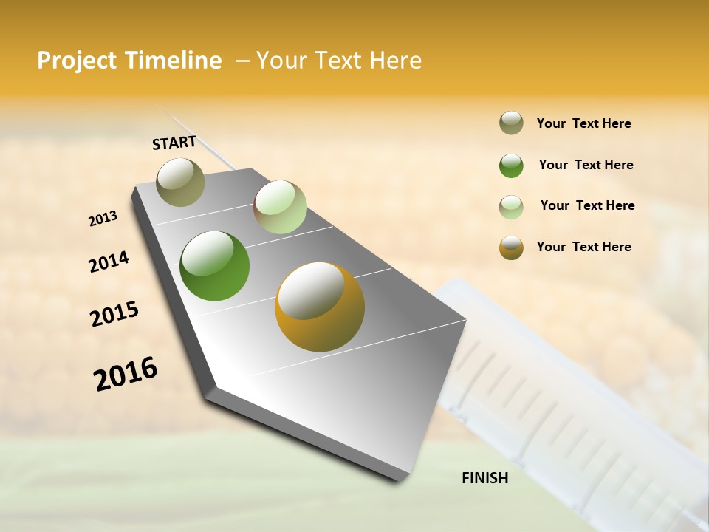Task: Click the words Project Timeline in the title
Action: (129, 61)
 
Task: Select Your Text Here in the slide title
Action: (339, 61)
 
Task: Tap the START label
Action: (174, 143)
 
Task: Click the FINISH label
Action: (485, 478)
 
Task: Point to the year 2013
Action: (103, 219)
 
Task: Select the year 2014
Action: (109, 262)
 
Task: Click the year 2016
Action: (126, 374)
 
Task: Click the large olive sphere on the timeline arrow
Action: (181, 182)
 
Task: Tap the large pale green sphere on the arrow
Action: (280, 207)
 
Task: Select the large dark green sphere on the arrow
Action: (215, 266)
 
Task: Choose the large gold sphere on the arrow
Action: (320, 307)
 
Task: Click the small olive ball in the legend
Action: (511, 123)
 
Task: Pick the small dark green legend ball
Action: (511, 166)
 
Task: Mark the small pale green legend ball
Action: (511, 207)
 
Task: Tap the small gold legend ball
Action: (511, 248)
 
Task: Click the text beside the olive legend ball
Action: (583, 124)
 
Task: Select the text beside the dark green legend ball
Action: (586, 165)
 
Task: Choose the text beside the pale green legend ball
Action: (587, 205)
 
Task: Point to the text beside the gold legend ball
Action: (583, 247)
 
